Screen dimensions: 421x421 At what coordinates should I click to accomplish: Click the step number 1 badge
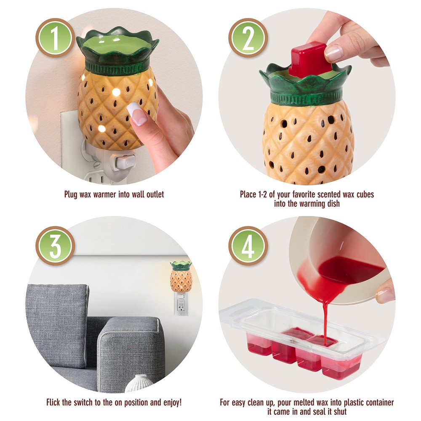pyautogui.click(x=55, y=38)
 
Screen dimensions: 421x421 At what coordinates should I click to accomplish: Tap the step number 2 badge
pyautogui.click(x=248, y=38)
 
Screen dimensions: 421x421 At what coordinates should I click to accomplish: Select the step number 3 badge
pyautogui.click(x=55, y=246)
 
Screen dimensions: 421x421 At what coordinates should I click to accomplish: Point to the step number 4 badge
pyautogui.click(x=248, y=246)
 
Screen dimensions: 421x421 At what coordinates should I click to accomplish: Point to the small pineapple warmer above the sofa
pyautogui.click(x=181, y=276)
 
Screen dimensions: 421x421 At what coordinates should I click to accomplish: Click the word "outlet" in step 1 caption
pyautogui.click(x=155, y=194)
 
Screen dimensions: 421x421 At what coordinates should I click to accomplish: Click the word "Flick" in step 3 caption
pyautogui.click(x=53, y=402)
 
